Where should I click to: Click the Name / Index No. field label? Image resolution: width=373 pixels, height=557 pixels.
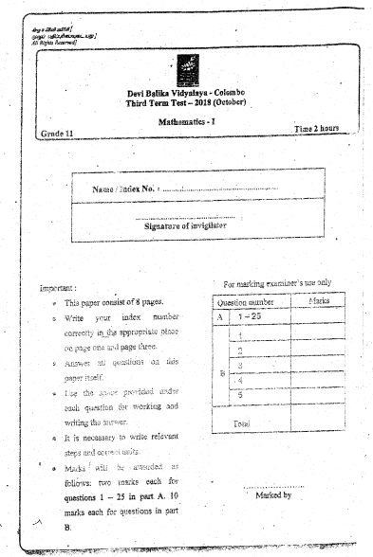[x=125, y=190]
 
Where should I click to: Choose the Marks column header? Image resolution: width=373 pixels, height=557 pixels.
[x=316, y=302]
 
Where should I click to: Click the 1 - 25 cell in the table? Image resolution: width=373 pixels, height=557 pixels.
[x=249, y=317]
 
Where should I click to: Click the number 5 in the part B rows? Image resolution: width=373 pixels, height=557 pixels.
[x=242, y=394]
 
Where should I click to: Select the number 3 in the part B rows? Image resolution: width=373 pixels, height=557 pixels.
[x=241, y=364]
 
